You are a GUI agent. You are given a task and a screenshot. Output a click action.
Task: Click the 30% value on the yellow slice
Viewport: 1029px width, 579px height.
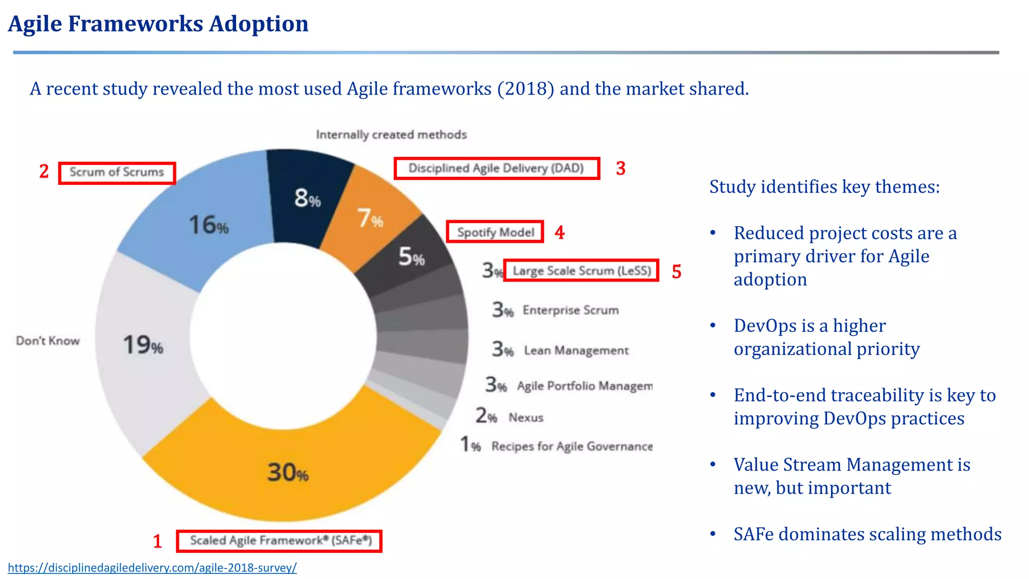coord(287,472)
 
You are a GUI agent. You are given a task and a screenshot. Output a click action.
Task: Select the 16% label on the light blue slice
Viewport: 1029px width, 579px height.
coord(209,225)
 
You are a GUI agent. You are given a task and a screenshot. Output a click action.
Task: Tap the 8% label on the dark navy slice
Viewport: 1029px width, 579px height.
coord(307,198)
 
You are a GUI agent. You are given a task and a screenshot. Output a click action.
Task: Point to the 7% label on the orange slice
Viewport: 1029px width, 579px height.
coord(370,218)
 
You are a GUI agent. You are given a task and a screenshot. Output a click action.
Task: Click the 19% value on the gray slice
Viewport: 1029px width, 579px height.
coord(143,345)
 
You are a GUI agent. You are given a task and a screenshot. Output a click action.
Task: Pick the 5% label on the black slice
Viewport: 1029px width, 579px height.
coord(411,257)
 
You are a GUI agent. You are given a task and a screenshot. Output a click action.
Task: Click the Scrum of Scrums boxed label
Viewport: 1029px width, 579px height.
coord(117,172)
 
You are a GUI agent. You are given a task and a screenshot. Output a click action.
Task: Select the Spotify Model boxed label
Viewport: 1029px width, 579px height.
coord(495,232)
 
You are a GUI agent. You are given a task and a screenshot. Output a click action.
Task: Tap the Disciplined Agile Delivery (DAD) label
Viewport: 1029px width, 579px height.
coord(496,168)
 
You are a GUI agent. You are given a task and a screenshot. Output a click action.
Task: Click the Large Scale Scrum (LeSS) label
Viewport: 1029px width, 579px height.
coord(581,271)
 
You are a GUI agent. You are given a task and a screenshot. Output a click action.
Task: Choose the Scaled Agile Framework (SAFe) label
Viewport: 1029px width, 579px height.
coord(280,541)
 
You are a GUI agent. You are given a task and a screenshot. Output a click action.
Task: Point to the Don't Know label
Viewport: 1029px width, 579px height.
coord(48,341)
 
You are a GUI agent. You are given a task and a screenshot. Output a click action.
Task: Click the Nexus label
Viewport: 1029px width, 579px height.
coord(526,418)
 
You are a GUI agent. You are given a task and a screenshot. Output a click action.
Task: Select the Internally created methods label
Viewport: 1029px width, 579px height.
coord(391,135)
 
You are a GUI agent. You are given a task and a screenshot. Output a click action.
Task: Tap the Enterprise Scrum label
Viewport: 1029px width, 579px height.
coord(570,310)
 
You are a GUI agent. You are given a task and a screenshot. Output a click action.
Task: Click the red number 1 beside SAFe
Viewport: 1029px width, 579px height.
coord(157,541)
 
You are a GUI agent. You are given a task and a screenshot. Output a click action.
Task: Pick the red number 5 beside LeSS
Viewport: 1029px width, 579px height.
coord(676,272)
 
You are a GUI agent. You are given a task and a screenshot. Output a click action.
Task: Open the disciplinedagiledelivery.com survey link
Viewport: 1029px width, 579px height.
coord(152,568)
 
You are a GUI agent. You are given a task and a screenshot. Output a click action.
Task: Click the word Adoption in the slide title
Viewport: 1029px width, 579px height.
coord(258,24)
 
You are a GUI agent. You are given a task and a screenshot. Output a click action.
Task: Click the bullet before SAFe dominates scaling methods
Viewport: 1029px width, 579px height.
coord(712,534)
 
